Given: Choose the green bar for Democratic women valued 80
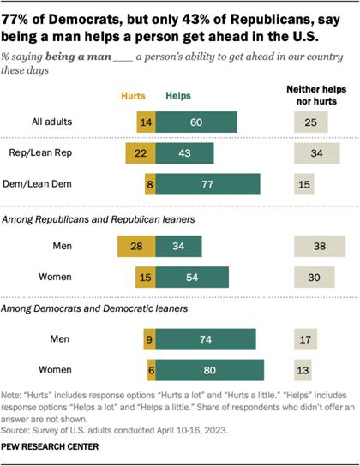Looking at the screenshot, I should [210, 371].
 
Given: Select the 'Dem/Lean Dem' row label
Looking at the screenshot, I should [65, 184].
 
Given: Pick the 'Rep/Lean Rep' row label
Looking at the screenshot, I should [66, 153].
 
